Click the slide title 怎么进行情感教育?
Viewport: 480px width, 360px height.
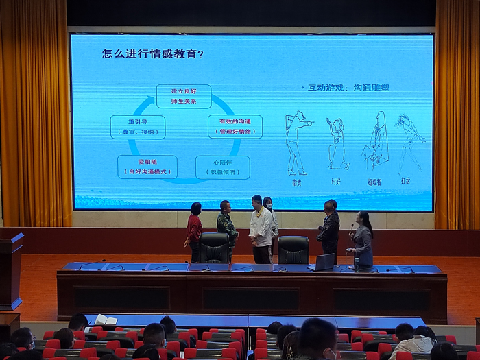point(153,53)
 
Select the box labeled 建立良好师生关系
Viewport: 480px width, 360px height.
point(183,96)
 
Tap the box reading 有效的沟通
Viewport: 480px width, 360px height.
point(235,126)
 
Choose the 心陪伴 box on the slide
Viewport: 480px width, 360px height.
point(222,167)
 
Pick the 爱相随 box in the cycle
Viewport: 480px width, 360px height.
point(147,167)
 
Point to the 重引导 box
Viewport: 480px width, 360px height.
point(138,126)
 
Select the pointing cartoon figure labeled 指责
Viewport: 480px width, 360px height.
point(297,143)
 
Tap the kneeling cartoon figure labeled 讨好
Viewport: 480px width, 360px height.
point(336,144)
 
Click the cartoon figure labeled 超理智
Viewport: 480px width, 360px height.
point(376,141)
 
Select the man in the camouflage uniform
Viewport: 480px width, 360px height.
point(226,226)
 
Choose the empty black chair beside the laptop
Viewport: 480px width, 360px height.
point(293,250)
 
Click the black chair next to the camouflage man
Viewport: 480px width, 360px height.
point(215,248)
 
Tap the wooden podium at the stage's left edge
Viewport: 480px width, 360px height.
point(11,271)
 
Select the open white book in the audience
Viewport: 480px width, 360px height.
point(105,320)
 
